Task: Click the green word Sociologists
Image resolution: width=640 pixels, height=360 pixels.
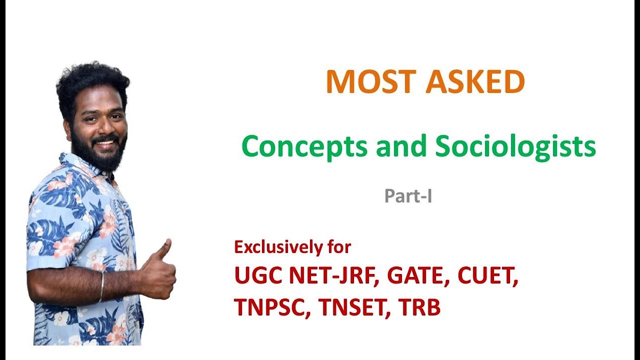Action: point(515,146)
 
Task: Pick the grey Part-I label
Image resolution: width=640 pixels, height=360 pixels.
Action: point(408,196)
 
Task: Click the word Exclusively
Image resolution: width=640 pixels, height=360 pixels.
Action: point(281,247)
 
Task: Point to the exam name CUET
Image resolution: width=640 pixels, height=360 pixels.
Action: point(488,276)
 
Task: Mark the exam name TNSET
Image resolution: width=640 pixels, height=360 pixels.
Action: point(355,307)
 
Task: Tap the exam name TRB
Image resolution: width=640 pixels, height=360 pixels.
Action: point(419,307)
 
